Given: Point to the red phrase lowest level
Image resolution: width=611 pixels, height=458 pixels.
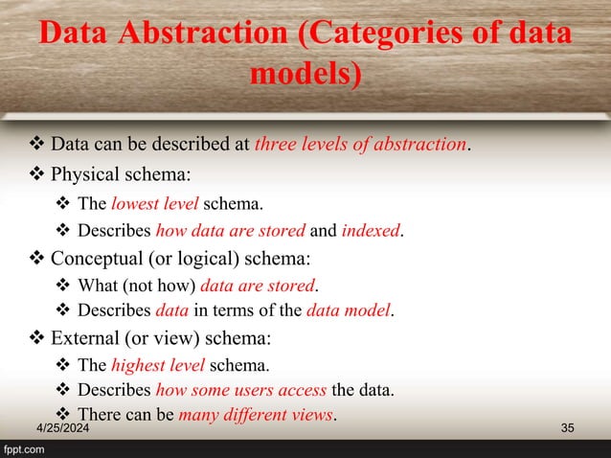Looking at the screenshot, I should click(155, 204).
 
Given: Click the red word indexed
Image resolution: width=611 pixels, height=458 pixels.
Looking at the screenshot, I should click(371, 231).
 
